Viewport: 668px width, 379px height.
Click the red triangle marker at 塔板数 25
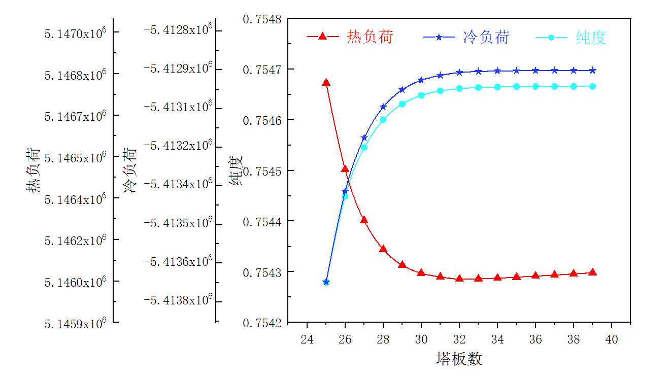pyautogui.click(x=326, y=83)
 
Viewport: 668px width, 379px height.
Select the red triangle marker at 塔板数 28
pyautogui.click(x=383, y=249)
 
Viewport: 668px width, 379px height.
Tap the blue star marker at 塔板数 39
pyautogui.click(x=592, y=71)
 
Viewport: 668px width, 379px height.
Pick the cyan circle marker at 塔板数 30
pyautogui.click(x=421, y=95)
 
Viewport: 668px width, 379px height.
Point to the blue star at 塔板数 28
pyautogui.click(x=383, y=107)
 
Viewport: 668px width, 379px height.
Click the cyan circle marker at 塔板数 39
pyautogui.click(x=592, y=87)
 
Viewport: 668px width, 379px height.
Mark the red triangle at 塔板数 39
pyautogui.click(x=592, y=272)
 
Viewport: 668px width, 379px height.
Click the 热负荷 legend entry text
pyautogui.click(x=370, y=37)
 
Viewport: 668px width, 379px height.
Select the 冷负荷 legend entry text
pyautogui.click(x=486, y=37)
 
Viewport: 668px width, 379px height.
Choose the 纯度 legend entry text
pyautogui.click(x=591, y=37)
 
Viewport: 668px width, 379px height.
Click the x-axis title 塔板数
pyautogui.click(x=459, y=359)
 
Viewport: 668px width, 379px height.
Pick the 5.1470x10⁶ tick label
pyautogui.click(x=75, y=33)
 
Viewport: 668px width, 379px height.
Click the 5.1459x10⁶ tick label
pyautogui.click(x=75, y=323)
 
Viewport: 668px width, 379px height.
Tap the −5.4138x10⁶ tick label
pyautogui.click(x=178, y=300)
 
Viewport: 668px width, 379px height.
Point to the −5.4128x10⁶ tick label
pyautogui.click(x=178, y=30)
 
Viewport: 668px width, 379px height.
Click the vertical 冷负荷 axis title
pyautogui.click(x=130, y=171)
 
